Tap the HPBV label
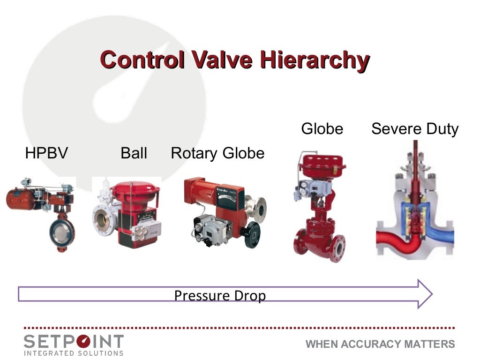[x=46, y=153]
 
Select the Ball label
[x=134, y=153]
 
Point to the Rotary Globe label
[x=217, y=153]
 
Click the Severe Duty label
[x=414, y=129]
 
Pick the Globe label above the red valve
[x=322, y=129]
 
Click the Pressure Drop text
[x=220, y=296]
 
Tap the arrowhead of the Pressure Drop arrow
[x=424, y=294]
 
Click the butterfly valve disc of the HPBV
[x=62, y=231]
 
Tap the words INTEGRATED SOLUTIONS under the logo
[x=74, y=352]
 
